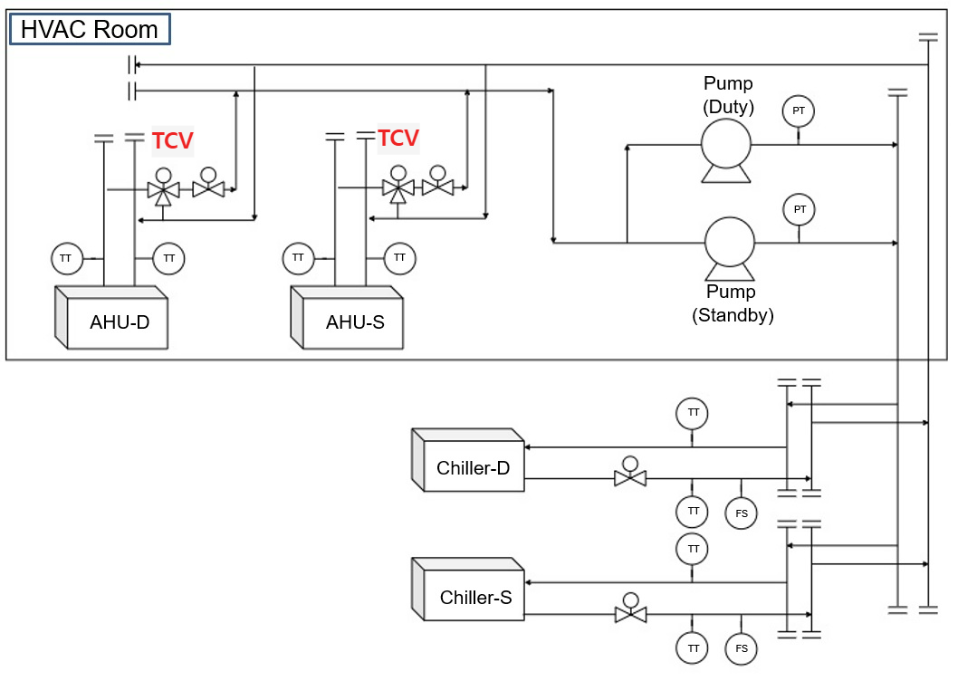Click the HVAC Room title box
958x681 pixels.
pos(89,29)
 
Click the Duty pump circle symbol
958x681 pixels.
pos(725,144)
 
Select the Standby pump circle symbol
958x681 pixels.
pos(729,242)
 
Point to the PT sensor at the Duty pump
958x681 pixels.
pos(799,110)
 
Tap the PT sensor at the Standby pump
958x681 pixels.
pos(799,209)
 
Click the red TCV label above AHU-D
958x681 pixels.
pos(172,140)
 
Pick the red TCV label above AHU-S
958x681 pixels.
pos(398,139)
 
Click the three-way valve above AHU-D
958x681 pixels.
pos(163,189)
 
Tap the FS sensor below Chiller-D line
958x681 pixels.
pos(741,513)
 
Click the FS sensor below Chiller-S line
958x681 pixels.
pos(741,647)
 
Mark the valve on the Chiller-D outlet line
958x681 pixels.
pos(630,477)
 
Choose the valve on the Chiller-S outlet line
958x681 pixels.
pos(630,613)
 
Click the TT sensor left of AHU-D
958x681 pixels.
pos(66,258)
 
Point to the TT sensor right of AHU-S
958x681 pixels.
pos(399,258)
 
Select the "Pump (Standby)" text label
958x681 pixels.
pos(732,304)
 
